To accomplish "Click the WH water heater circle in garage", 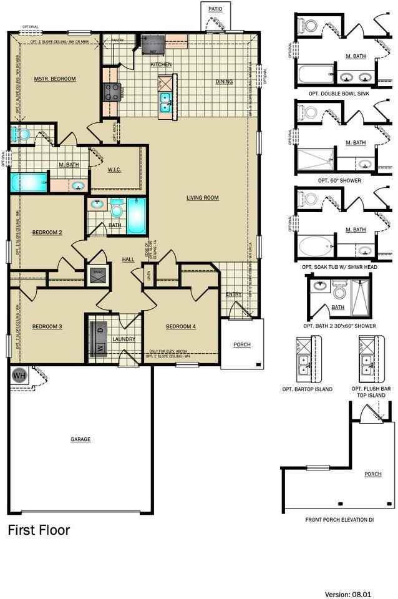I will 18,376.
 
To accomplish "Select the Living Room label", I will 202,198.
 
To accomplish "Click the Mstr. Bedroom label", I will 55,79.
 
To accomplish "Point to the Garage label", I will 80,439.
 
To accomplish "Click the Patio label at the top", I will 215,8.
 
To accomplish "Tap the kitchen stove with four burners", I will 111,92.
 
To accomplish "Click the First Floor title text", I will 39,530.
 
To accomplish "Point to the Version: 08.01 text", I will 358,593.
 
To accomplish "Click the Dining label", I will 224,81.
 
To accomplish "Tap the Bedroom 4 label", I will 181,326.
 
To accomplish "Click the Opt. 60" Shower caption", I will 339,180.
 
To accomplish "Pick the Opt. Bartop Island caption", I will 308,389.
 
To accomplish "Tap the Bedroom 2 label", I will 47,233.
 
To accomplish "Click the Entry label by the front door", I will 234,294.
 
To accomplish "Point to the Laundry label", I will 124,339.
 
